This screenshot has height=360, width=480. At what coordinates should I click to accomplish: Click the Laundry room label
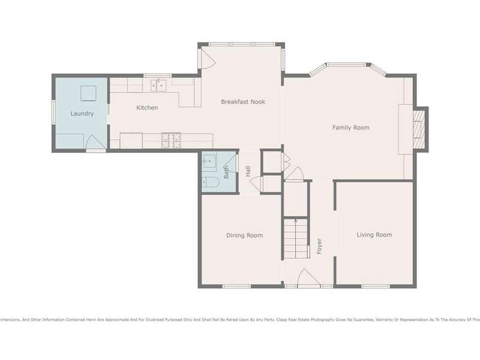[82, 113]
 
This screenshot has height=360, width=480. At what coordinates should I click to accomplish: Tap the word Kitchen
[147, 107]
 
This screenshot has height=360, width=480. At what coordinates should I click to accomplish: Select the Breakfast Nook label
[243, 101]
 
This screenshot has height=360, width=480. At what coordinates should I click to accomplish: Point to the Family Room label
[351, 127]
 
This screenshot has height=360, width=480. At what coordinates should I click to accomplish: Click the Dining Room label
[244, 235]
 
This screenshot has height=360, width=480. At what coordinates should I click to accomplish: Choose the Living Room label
[374, 235]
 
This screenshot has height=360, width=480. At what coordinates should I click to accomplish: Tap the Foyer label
[319, 246]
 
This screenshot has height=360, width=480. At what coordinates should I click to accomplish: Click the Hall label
[248, 171]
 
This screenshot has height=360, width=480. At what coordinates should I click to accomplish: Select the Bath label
[226, 172]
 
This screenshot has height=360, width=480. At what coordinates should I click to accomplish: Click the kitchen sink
[158, 85]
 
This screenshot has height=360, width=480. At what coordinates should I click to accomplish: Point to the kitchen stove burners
[171, 140]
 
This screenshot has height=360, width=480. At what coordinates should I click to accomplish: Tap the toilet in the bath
[210, 182]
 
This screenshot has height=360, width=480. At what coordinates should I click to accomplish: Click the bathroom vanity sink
[209, 160]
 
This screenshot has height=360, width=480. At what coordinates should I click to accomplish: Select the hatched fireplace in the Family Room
[418, 129]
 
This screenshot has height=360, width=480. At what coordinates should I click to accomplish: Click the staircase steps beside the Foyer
[295, 238]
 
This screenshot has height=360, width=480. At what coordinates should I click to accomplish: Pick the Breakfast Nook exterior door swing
[208, 58]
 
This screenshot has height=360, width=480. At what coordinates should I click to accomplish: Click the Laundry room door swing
[96, 142]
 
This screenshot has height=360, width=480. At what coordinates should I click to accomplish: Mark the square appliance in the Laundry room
[88, 94]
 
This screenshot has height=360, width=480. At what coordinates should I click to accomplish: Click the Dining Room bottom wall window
[236, 287]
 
